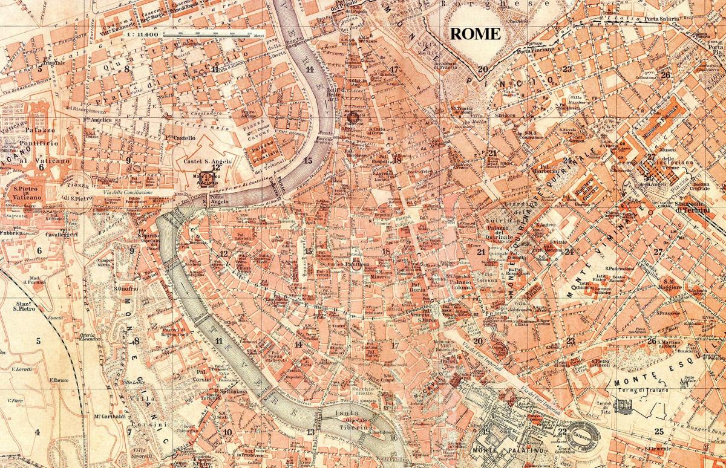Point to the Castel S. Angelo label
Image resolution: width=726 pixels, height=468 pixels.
[202, 162]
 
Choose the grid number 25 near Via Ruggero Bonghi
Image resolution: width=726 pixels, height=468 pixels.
[659, 431]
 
